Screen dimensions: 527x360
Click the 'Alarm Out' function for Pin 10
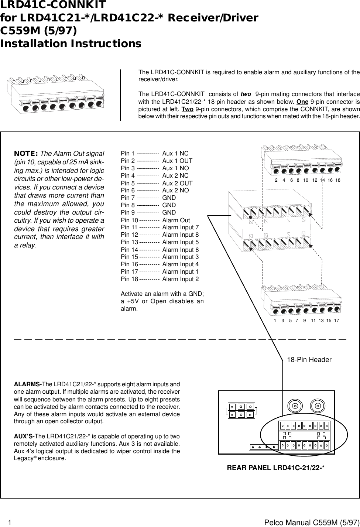coord(176,220)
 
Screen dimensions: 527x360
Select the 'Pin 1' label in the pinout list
coord(128,153)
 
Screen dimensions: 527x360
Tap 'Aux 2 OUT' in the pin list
coord(177,183)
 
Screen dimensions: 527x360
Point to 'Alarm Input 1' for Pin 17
coord(180,272)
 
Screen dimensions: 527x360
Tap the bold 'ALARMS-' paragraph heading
coord(28,384)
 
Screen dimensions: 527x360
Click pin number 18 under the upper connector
coord(337,180)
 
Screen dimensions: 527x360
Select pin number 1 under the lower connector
coord(275,321)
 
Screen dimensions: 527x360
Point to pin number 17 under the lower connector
coord(336,321)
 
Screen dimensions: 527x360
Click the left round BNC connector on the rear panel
coord(295,406)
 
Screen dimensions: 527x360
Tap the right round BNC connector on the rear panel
coord(318,406)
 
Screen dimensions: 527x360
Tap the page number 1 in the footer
coord(10,523)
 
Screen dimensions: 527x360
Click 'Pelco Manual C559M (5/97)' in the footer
coord(312,523)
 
